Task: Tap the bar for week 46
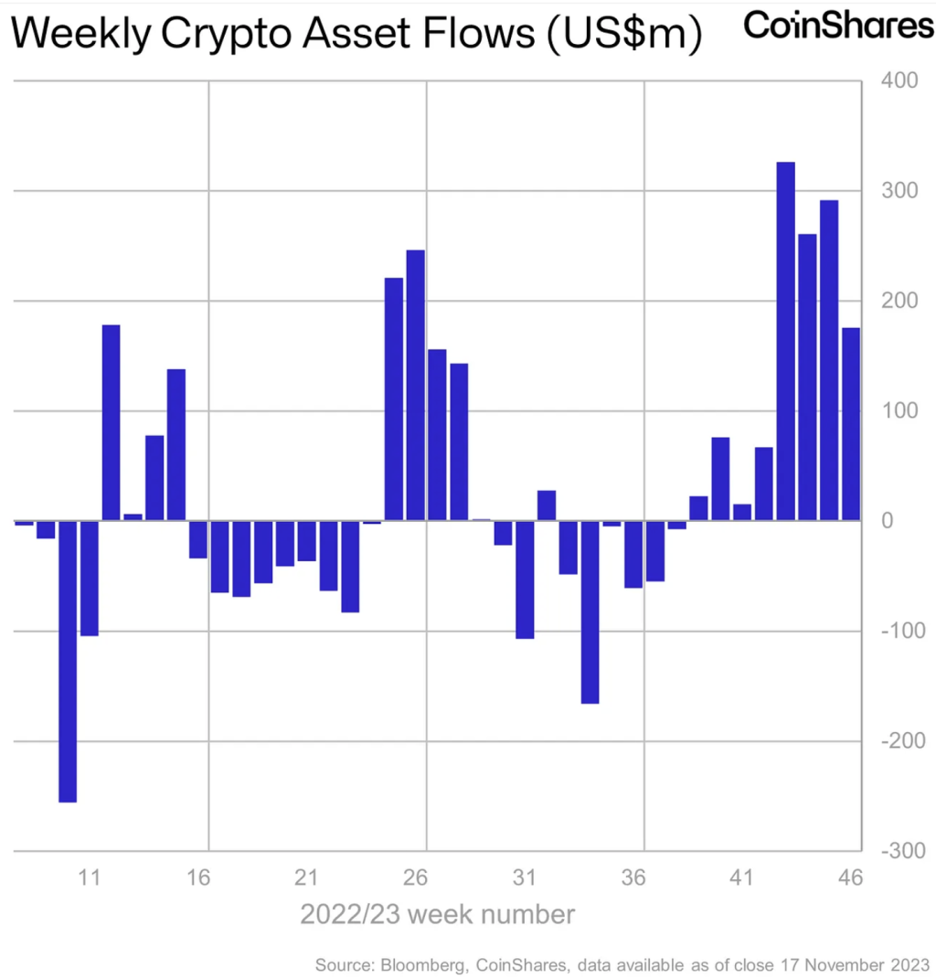pyautogui.click(x=851, y=424)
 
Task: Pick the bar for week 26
pyautogui.click(x=416, y=385)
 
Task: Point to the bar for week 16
pyautogui.click(x=197, y=539)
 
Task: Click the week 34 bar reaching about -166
pyautogui.click(x=590, y=612)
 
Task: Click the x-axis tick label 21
pyautogui.click(x=306, y=878)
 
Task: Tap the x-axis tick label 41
pyautogui.click(x=741, y=878)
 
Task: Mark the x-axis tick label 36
pyautogui.click(x=633, y=878)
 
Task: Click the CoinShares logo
pyautogui.click(x=838, y=27)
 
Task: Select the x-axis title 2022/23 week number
pyautogui.click(x=438, y=914)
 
